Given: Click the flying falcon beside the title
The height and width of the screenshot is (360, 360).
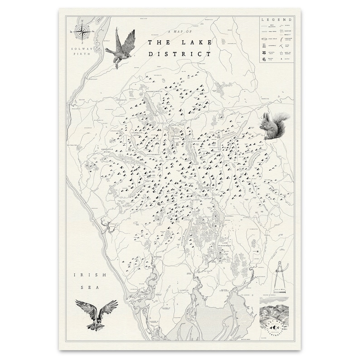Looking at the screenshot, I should [x=121, y=47].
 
